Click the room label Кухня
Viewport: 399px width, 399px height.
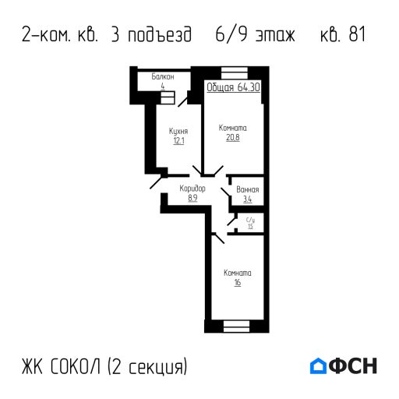[x=178, y=132]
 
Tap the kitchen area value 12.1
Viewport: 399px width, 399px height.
[x=178, y=141]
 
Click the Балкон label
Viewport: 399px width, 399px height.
[x=163, y=78]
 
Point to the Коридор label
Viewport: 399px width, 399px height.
[x=192, y=189]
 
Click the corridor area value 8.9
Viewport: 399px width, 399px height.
[x=192, y=198]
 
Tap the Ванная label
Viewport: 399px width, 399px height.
[x=248, y=190]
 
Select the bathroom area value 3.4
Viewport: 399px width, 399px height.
[x=248, y=199]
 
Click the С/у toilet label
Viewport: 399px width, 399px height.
[x=250, y=221]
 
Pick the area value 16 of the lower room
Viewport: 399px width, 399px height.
[x=237, y=283]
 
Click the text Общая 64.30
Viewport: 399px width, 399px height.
[x=233, y=88]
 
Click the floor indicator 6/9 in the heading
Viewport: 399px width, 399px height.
[x=225, y=36]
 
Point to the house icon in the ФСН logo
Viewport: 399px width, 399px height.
[x=319, y=365]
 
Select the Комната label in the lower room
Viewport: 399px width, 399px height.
[x=237, y=273]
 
